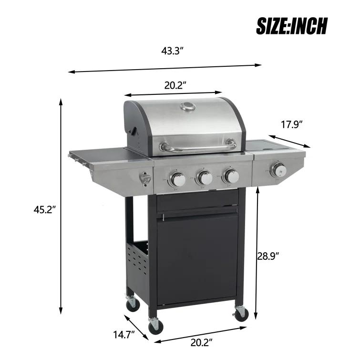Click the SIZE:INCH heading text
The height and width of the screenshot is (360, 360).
coord(292,26)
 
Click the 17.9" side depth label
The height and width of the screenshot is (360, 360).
coord(292,125)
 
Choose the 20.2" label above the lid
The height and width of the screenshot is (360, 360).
coord(175,85)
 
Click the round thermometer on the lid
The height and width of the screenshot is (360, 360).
coord(188,107)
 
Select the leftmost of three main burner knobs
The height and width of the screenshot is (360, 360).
coord(178,179)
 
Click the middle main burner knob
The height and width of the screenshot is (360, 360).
coord(205,178)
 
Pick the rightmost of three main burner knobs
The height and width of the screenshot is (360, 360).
coord(232,176)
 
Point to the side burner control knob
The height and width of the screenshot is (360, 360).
coord(278,169)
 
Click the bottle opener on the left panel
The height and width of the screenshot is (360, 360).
coord(145,179)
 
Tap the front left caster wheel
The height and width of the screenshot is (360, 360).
coord(155,327)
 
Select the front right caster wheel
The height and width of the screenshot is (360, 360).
coord(241,313)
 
